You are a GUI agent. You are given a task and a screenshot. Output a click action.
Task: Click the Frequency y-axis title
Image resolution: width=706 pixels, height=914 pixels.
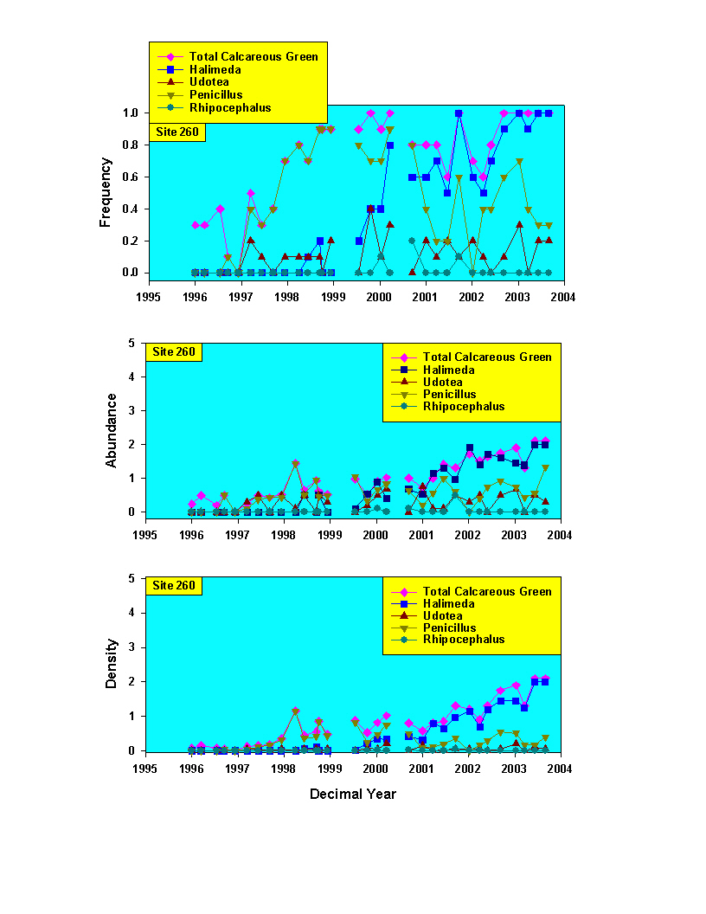(106, 192)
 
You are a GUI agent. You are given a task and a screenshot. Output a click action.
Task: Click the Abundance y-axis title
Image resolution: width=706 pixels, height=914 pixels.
(112, 430)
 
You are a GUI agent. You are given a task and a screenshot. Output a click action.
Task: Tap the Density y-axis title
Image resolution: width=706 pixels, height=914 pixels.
(112, 669)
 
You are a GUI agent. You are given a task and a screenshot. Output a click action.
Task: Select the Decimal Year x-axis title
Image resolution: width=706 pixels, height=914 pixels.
(353, 793)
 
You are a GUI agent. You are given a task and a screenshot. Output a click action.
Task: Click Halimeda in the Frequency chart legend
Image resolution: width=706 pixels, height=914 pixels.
(215, 69)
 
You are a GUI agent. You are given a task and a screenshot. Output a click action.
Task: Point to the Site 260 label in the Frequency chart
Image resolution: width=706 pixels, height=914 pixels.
(176, 132)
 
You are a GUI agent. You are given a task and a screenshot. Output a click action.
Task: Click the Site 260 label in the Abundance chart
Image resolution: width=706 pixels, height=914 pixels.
(174, 351)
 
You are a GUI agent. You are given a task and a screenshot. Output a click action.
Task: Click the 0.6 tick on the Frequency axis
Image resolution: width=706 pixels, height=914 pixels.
(131, 177)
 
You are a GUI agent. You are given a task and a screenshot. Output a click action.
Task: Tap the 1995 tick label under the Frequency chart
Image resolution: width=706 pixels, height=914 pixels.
(150, 297)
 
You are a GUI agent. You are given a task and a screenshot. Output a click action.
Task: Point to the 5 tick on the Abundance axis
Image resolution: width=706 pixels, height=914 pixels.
(132, 343)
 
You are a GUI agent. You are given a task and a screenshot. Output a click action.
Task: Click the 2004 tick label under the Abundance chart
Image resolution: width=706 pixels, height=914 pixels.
(561, 535)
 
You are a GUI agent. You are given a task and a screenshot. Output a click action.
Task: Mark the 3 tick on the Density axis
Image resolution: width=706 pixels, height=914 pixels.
(132, 647)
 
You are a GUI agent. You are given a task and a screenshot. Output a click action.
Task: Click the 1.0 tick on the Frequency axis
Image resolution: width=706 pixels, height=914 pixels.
(131, 113)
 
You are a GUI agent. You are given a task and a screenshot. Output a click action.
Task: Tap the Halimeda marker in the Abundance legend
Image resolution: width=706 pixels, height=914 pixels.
(403, 370)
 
